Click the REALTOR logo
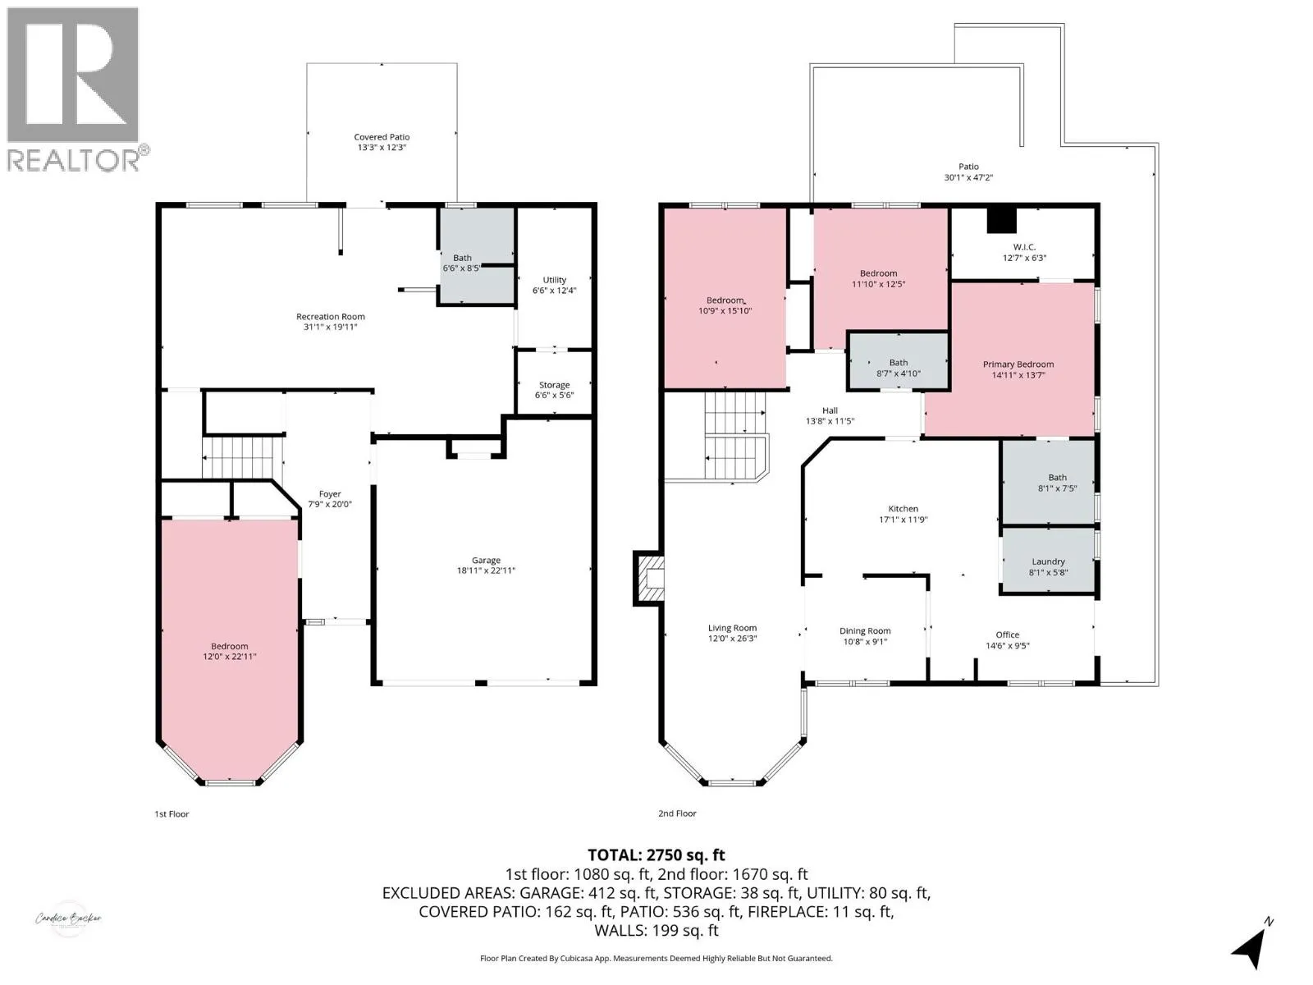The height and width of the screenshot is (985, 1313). pos(78,89)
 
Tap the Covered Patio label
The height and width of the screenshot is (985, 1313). pos(382,142)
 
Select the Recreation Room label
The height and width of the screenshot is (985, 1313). pos(330,322)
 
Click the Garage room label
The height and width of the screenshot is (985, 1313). pos(486,566)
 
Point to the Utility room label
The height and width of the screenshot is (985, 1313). pos(555,286)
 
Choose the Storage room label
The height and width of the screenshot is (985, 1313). pos(555,390)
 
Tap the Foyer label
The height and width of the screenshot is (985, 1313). pos(330,499)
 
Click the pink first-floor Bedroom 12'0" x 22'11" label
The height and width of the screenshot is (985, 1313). pos(230,651)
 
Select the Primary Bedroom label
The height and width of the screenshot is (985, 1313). pos(1018,369)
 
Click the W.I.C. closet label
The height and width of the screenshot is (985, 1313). pos(1025,252)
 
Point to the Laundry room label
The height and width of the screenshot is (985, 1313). pos(1048,567)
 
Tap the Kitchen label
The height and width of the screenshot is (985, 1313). pos(903,515)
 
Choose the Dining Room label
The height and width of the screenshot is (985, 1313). pos(865,636)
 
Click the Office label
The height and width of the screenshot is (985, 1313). pos(1008,640)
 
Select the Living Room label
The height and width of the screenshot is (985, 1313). pos(732,633)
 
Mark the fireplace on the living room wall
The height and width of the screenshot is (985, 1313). pos(649,579)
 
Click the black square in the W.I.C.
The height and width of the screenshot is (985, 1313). pos(1001,220)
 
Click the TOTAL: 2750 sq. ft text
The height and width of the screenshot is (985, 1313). pos(656,855)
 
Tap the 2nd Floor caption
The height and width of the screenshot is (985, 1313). pos(677,813)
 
